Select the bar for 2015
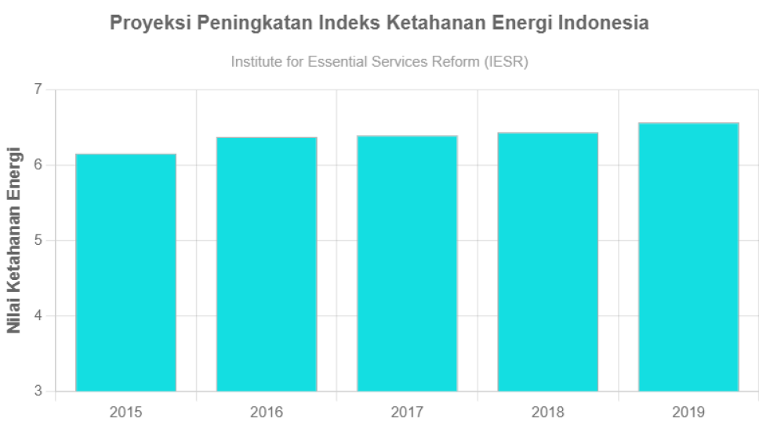[125, 272]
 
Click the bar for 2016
[267, 264]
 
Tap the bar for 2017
[407, 264]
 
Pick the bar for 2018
[548, 262]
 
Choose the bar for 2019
[688, 257]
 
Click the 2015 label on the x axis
[125, 412]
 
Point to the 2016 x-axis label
[267, 412]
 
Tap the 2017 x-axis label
[407, 412]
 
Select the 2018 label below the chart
[548, 412]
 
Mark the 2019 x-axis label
[688, 412]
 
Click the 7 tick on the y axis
[38, 89]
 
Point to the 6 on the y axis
[38, 166]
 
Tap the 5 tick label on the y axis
[38, 241]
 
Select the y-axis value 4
[38, 316]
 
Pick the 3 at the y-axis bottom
[38, 391]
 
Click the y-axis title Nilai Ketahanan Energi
[14, 239]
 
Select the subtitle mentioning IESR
[379, 62]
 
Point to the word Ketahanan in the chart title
[428, 24]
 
